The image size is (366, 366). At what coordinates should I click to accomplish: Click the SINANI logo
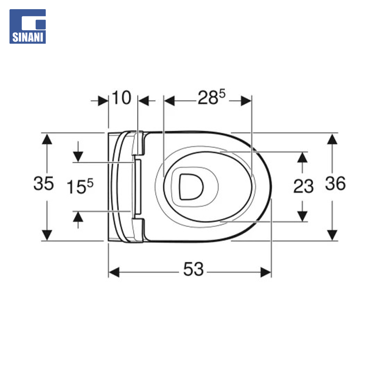[27, 26]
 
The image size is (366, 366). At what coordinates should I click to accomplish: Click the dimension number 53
[193, 269]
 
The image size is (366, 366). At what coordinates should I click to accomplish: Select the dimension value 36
[335, 183]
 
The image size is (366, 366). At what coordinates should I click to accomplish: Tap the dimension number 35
[43, 183]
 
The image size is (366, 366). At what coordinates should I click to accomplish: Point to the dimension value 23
[303, 186]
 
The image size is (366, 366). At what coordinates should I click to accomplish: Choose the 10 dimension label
[122, 98]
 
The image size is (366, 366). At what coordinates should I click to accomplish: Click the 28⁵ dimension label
[211, 97]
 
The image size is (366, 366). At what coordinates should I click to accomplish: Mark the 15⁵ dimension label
[80, 186]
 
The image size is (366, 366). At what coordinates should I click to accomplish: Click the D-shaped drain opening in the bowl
[191, 187]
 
